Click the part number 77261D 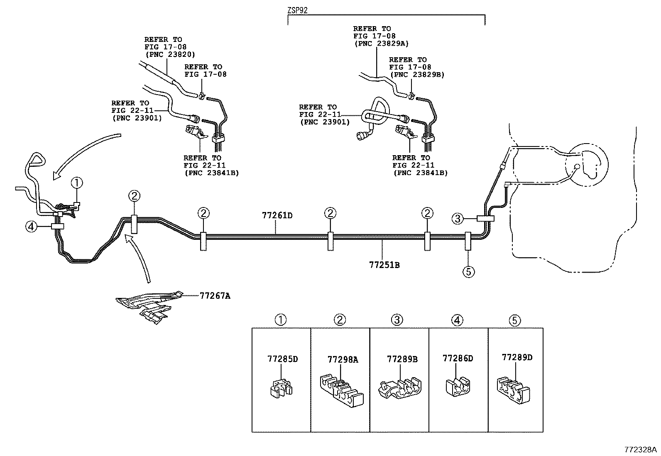click(277, 215)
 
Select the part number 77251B click(384, 265)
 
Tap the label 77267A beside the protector click(215, 296)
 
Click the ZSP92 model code click(297, 11)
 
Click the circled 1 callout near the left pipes click(77, 182)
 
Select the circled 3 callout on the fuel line click(457, 218)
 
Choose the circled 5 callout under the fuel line click(468, 272)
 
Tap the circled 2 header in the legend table click(340, 320)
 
